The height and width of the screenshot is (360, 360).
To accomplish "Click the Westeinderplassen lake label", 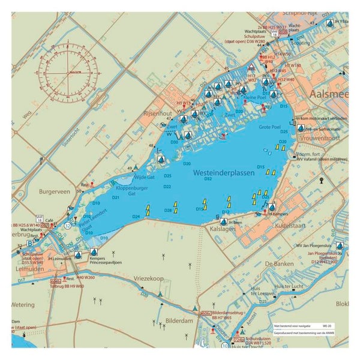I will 224,172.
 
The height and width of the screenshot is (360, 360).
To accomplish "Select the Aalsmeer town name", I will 326,96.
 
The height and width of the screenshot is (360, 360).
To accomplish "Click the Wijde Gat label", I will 144,178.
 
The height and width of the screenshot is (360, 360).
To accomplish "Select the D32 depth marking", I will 208,179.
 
